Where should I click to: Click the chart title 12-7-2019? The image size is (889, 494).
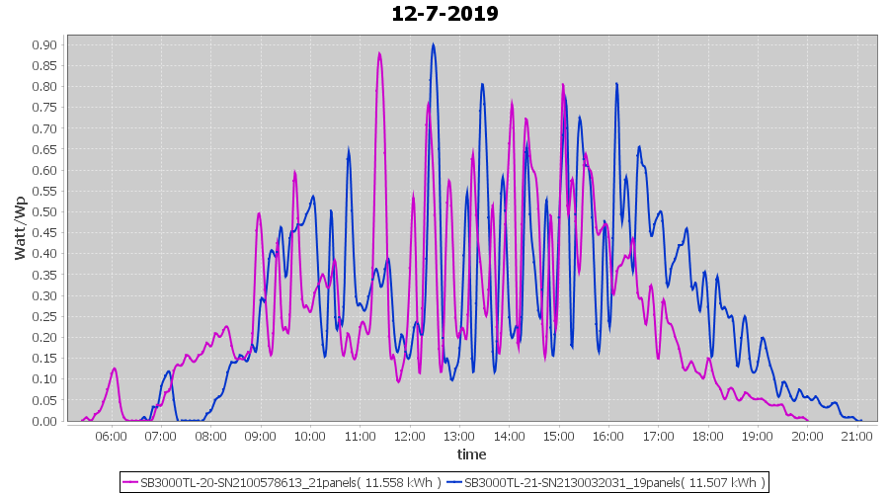tap(444, 14)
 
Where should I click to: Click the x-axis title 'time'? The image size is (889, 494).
tap(471, 454)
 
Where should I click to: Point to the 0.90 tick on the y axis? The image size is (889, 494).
tap(42, 44)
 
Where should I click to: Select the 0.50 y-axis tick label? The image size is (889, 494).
tap(42, 211)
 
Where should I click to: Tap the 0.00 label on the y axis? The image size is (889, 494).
tap(42, 421)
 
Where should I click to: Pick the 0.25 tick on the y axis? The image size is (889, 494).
tap(42, 316)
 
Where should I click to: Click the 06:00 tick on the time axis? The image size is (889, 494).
tap(111, 436)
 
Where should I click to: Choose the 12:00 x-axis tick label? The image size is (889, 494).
tap(409, 436)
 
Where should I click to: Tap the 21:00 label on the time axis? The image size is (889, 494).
tap(856, 436)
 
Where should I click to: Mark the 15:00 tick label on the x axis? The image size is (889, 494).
tap(558, 436)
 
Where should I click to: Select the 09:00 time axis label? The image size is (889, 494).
tap(260, 436)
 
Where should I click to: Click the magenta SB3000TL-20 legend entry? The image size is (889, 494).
tap(282, 482)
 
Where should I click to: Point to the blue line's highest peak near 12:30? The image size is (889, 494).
tap(433, 44)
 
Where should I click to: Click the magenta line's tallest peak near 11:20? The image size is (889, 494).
tap(379, 53)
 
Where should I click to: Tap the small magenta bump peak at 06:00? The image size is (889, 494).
tap(115, 369)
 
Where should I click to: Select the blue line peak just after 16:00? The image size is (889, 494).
tap(616, 83)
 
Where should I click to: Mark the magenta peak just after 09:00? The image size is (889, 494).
tap(259, 212)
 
